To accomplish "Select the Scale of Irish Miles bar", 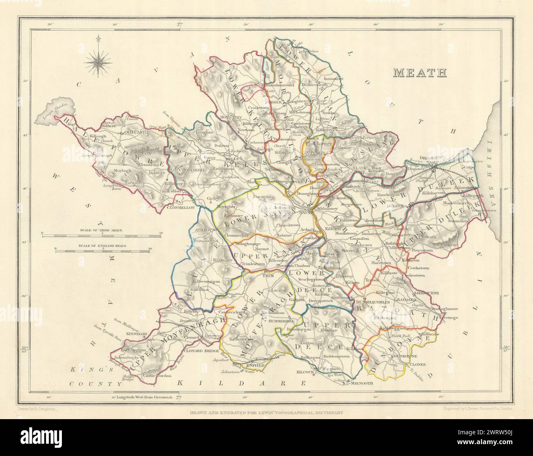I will [101, 234].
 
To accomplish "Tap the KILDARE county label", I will [241, 383].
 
